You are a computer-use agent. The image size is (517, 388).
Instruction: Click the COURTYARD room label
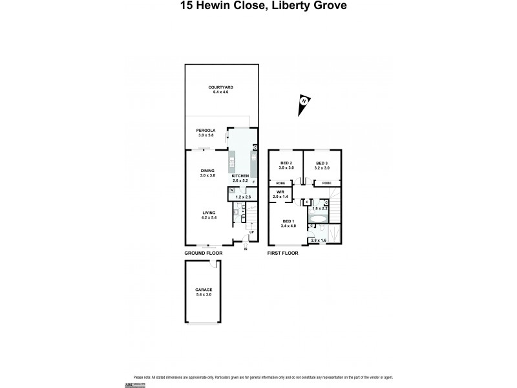click(220, 87)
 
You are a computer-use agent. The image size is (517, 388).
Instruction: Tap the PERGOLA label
click(206, 130)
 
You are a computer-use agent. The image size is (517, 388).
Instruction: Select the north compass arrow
click(303, 105)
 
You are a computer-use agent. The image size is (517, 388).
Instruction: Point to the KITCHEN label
click(240, 175)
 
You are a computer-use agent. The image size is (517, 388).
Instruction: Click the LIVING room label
click(208, 213)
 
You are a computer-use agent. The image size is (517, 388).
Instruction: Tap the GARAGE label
click(204, 290)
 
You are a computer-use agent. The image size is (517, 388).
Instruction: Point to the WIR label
click(281, 191)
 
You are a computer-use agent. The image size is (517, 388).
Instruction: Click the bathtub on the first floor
click(319, 219)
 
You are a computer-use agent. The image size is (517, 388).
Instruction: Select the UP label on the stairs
click(251, 232)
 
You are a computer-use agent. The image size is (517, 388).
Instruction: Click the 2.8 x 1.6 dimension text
click(318, 240)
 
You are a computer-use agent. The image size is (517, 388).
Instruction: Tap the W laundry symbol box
click(231, 191)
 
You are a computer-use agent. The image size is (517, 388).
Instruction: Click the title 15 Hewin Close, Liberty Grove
click(258, 7)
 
